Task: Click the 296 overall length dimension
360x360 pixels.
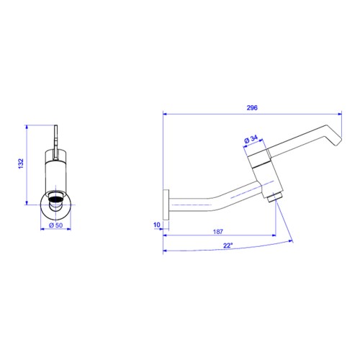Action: tap(252, 108)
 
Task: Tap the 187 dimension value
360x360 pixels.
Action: tap(218, 232)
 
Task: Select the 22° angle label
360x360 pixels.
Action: tap(228, 246)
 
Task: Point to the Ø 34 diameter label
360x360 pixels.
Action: tap(251, 139)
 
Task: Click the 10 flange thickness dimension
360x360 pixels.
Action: tap(156, 225)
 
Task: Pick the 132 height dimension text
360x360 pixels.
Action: tap(21, 163)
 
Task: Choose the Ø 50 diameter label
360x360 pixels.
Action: tap(55, 225)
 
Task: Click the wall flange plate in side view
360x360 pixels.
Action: tap(166, 204)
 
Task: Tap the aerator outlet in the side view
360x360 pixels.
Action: tap(274, 197)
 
